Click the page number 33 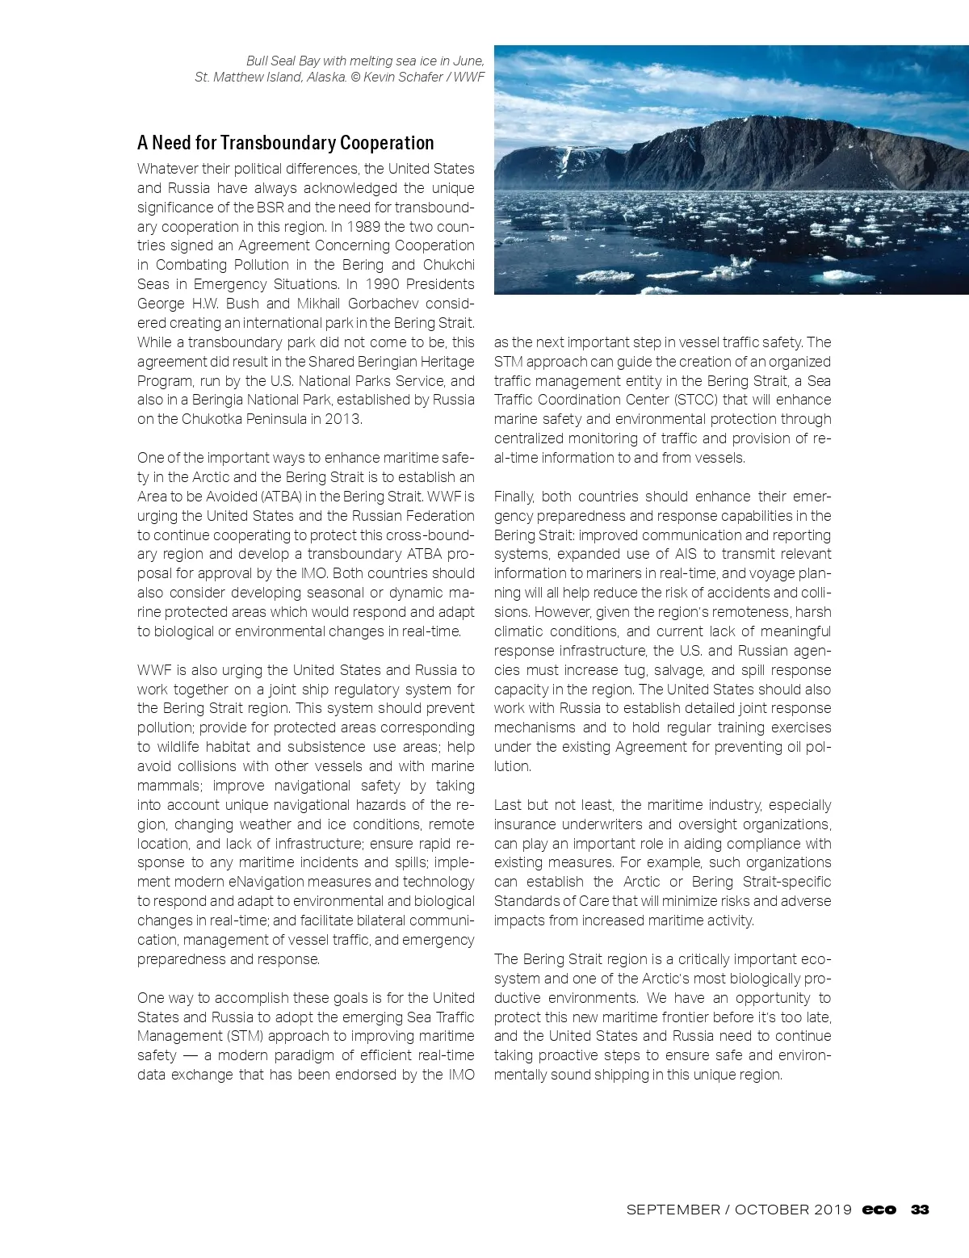pyautogui.click(x=920, y=1210)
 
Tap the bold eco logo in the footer pyautogui.click(x=879, y=1210)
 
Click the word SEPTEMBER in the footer pyautogui.click(x=673, y=1210)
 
